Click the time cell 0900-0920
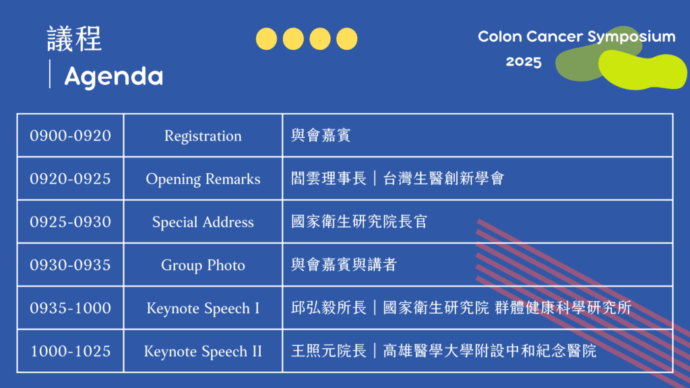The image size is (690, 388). click(70, 135)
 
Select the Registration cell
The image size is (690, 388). click(203, 136)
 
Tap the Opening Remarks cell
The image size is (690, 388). click(203, 179)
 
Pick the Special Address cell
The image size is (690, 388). click(203, 222)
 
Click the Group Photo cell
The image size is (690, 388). click(203, 265)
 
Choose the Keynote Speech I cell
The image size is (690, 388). click(203, 309)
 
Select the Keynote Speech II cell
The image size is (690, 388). click(203, 352)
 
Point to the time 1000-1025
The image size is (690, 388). click(70, 351)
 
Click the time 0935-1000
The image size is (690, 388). click(70, 308)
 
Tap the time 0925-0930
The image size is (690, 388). click(70, 222)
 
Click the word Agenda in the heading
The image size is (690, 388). click(113, 77)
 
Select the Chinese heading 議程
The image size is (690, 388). click(74, 38)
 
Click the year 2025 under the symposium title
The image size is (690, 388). click(524, 61)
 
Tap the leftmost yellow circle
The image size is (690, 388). click(266, 38)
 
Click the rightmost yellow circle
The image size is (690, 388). click(347, 38)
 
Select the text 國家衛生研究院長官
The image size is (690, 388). click(359, 222)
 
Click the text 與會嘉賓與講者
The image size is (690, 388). click(344, 265)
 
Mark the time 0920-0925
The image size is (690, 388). click(70, 179)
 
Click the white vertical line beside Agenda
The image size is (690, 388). click(50, 74)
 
